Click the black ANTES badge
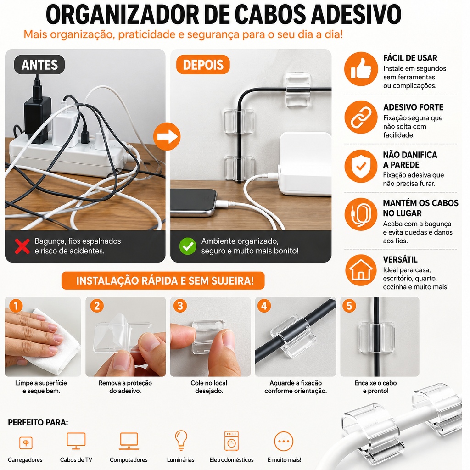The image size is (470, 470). click(39, 64)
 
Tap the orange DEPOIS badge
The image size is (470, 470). click(203, 64)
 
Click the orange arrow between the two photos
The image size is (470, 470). click(167, 136)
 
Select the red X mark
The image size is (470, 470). click(22, 246)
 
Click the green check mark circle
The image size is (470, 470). click(188, 246)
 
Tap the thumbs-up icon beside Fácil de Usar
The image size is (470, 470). click(361, 69)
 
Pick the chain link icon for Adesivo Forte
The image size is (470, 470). click(361, 117)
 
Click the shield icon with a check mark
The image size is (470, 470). click(361, 166)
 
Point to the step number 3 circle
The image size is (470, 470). click(180, 306)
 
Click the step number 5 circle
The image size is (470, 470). click(349, 306)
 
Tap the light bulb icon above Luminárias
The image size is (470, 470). click(181, 440)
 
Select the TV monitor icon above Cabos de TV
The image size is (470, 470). click(76, 441)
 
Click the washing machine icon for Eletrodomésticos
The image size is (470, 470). click(231, 441)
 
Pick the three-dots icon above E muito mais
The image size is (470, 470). click(284, 441)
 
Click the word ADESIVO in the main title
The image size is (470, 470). click(356, 14)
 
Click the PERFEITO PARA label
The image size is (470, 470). click(38, 422)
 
